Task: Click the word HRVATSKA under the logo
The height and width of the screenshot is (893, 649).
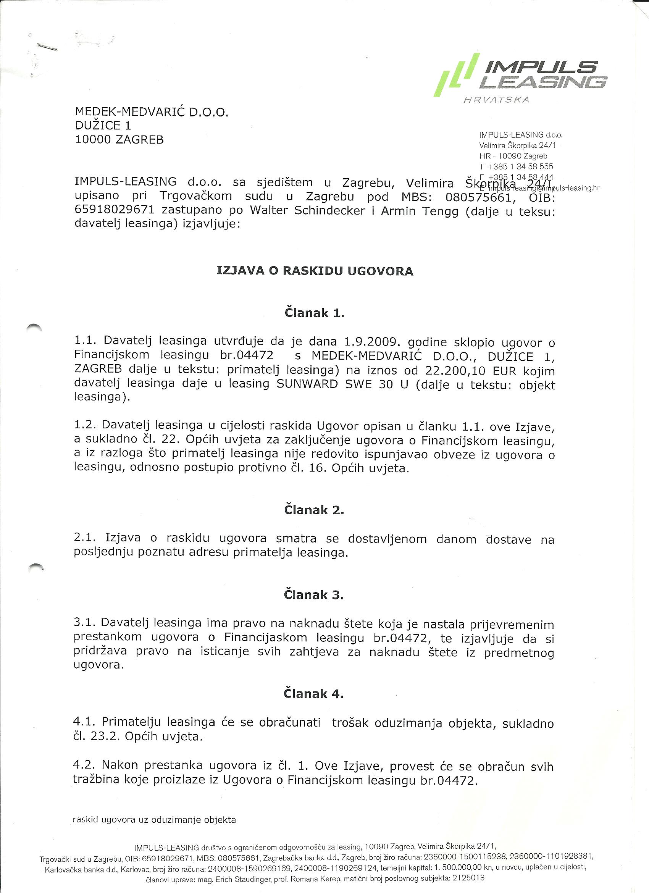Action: point(497,100)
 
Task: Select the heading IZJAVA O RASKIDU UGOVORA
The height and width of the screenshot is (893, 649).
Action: point(315,271)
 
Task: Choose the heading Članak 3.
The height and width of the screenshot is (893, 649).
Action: point(314,594)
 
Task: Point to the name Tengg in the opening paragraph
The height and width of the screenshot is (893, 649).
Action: point(440,211)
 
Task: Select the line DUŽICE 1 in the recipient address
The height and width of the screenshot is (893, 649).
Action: point(103,126)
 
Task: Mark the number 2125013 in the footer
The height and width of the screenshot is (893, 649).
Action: point(467,878)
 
